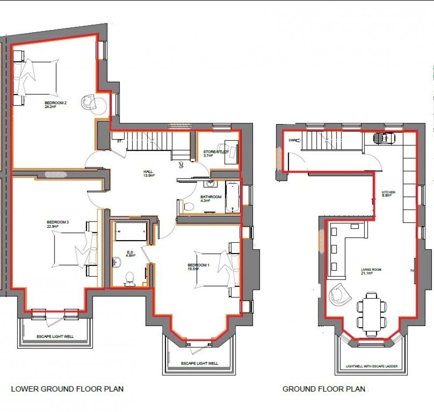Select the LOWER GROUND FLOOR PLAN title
point(67,389)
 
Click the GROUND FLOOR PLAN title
point(324,389)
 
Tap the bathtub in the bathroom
point(233,197)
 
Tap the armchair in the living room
point(338,294)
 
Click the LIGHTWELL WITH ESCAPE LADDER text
point(372,366)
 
